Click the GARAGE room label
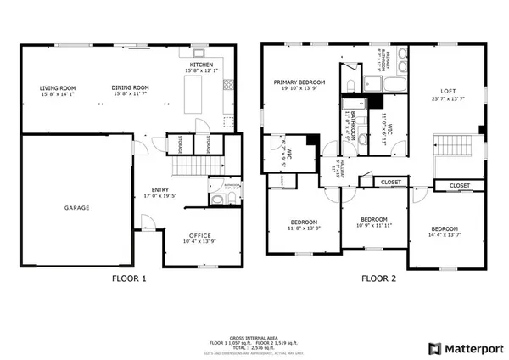77,207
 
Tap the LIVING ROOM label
58,87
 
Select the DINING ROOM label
131,87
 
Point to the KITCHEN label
202,65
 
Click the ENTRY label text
159,189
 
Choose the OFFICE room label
200,235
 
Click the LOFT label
448,91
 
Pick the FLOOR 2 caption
378,278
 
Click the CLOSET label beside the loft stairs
460,185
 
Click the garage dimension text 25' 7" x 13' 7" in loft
448,99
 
